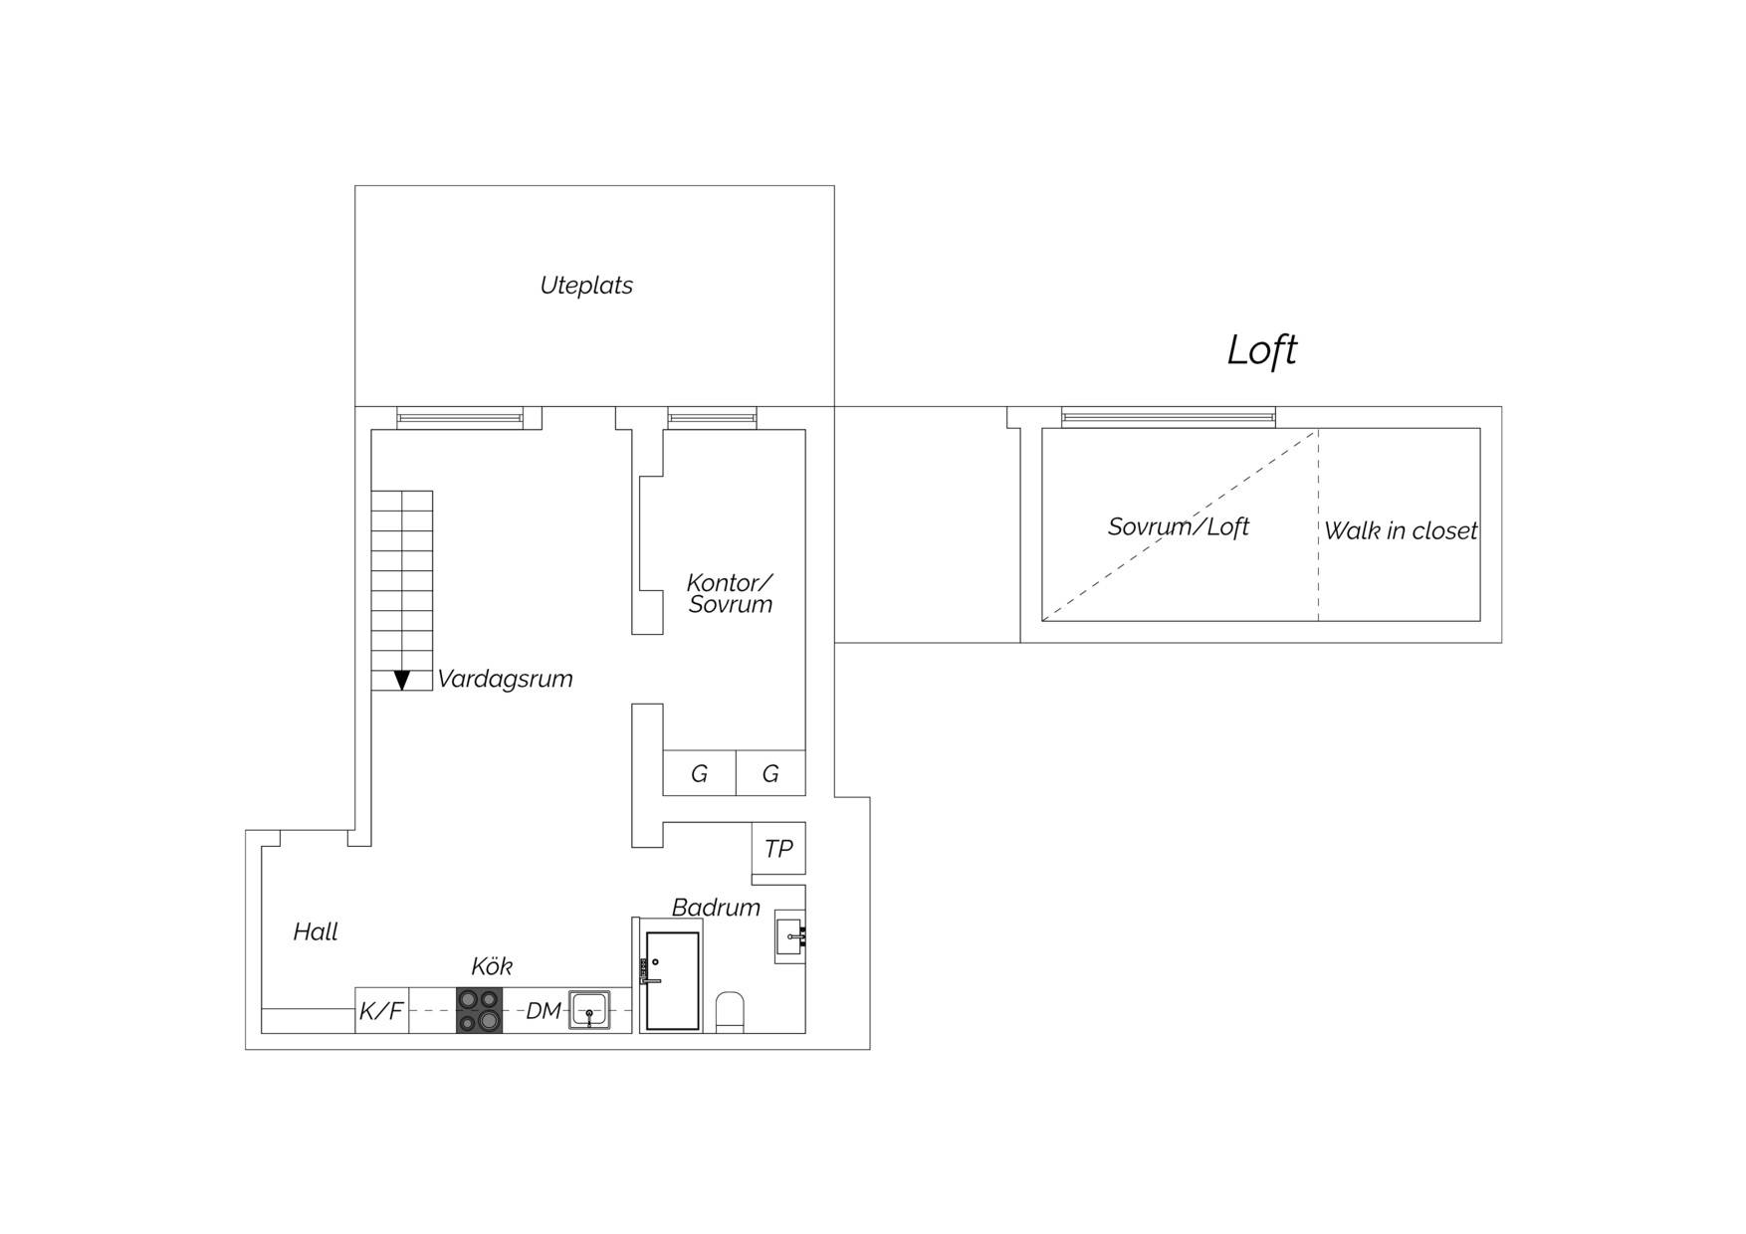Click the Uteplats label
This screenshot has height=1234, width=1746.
[586, 286]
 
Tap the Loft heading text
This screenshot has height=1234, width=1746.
[1261, 349]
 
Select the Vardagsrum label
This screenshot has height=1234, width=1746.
[505, 679]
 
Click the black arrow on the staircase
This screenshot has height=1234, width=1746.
[402, 681]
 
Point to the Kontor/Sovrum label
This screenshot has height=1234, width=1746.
[730, 593]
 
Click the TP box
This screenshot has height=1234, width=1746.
[778, 848]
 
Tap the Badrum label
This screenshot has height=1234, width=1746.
[716, 907]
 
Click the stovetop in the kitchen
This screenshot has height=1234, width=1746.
[480, 1010]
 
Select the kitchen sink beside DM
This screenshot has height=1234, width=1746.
[589, 1010]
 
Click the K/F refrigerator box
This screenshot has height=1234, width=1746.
[382, 1010]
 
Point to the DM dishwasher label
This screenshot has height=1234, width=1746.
[544, 1011]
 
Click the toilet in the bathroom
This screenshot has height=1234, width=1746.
[730, 1012]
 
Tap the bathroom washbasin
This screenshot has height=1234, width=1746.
[790, 936]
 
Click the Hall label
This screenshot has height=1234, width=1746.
[316, 931]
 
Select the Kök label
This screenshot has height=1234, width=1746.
[492, 966]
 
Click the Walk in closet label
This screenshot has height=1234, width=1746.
[1401, 530]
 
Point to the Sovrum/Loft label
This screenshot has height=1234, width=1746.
[1179, 526]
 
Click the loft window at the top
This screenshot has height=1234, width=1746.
[1169, 418]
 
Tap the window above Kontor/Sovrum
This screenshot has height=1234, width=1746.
[712, 418]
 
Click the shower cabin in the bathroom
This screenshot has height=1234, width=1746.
[672, 980]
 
